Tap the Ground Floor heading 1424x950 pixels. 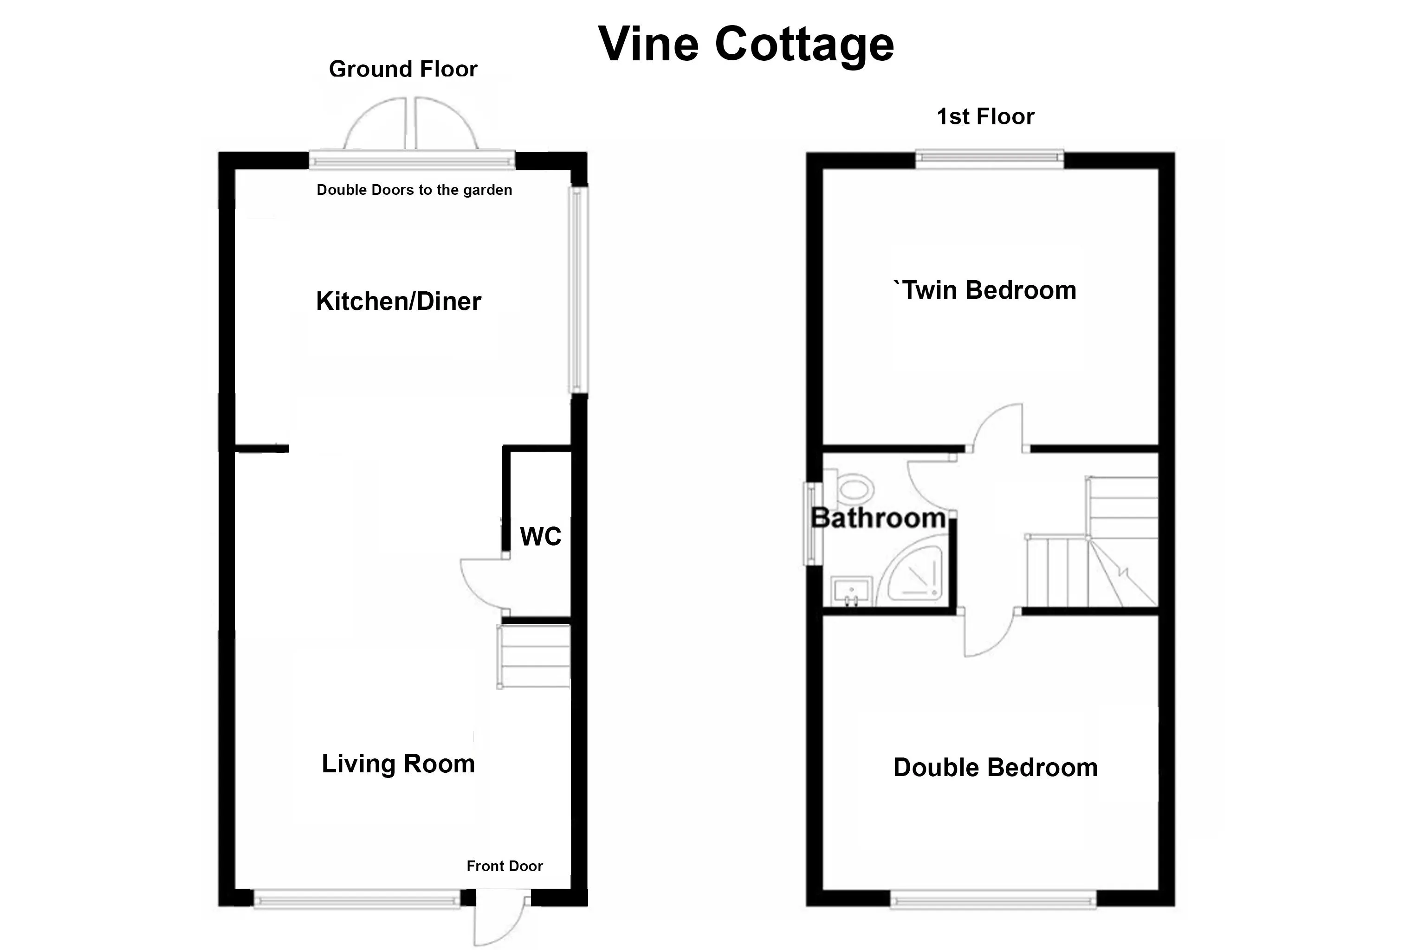pyautogui.click(x=403, y=69)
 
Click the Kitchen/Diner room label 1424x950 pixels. pyautogui.click(x=398, y=301)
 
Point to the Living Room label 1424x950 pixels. pyautogui.click(x=398, y=764)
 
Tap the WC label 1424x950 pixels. pyautogui.click(x=541, y=536)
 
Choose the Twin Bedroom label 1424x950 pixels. pyautogui.click(x=985, y=290)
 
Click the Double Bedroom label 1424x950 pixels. pyautogui.click(x=996, y=768)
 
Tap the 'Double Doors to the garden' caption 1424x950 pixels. pyautogui.click(x=414, y=190)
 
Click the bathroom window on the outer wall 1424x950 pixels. pyautogui.click(x=810, y=523)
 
